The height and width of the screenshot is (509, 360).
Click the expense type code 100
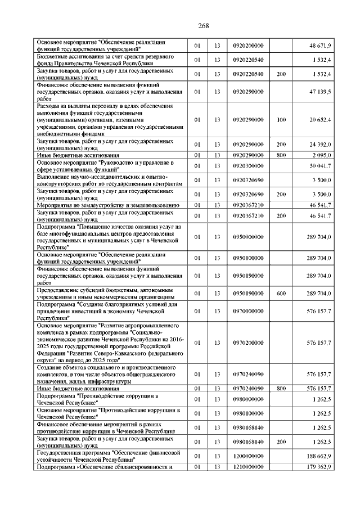click(x=282, y=120)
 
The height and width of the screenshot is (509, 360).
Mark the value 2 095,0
click(x=321, y=155)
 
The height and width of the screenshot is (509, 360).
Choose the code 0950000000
click(x=248, y=237)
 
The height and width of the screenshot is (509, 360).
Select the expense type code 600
click(x=282, y=294)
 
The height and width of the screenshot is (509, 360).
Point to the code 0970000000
click(x=248, y=310)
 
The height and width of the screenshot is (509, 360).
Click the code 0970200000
click(x=248, y=342)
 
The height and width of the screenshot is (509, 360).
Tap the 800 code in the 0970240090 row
click(x=282, y=388)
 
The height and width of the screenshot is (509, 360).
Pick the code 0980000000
click(x=248, y=400)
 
